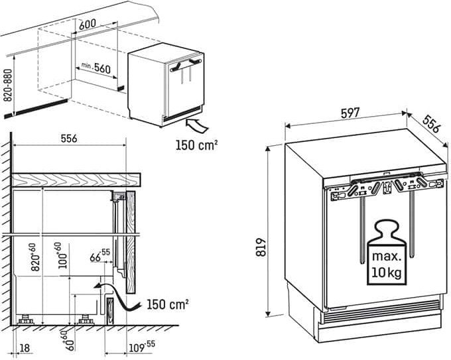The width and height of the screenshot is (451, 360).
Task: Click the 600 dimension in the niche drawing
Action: click(x=87, y=24)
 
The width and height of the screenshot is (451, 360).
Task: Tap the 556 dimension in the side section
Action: click(x=69, y=139)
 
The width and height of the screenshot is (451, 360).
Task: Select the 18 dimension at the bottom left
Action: click(x=25, y=347)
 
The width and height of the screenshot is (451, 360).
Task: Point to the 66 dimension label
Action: click(x=99, y=256)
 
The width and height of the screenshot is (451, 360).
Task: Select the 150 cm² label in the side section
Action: click(x=166, y=304)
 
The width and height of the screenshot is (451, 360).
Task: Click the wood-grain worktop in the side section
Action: click(x=76, y=179)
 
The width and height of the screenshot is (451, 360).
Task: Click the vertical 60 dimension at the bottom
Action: click(x=66, y=339)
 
